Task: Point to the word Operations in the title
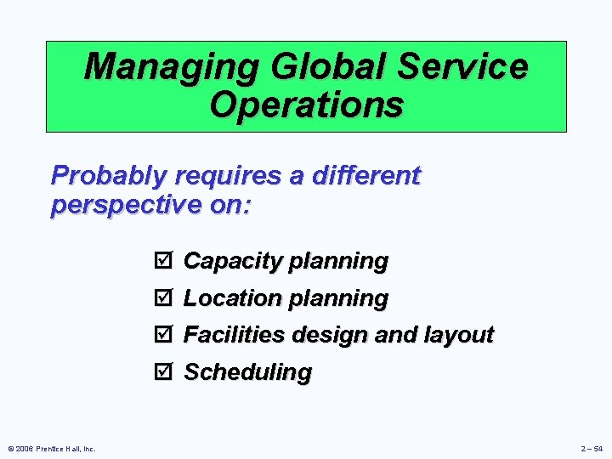coord(306,105)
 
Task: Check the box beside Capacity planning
coord(164,261)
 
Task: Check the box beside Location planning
coord(164,298)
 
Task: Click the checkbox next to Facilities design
coord(164,335)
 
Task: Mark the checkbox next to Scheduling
coord(164,372)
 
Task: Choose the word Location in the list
coord(233,298)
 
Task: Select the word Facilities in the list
coord(235,335)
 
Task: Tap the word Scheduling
coord(248,372)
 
